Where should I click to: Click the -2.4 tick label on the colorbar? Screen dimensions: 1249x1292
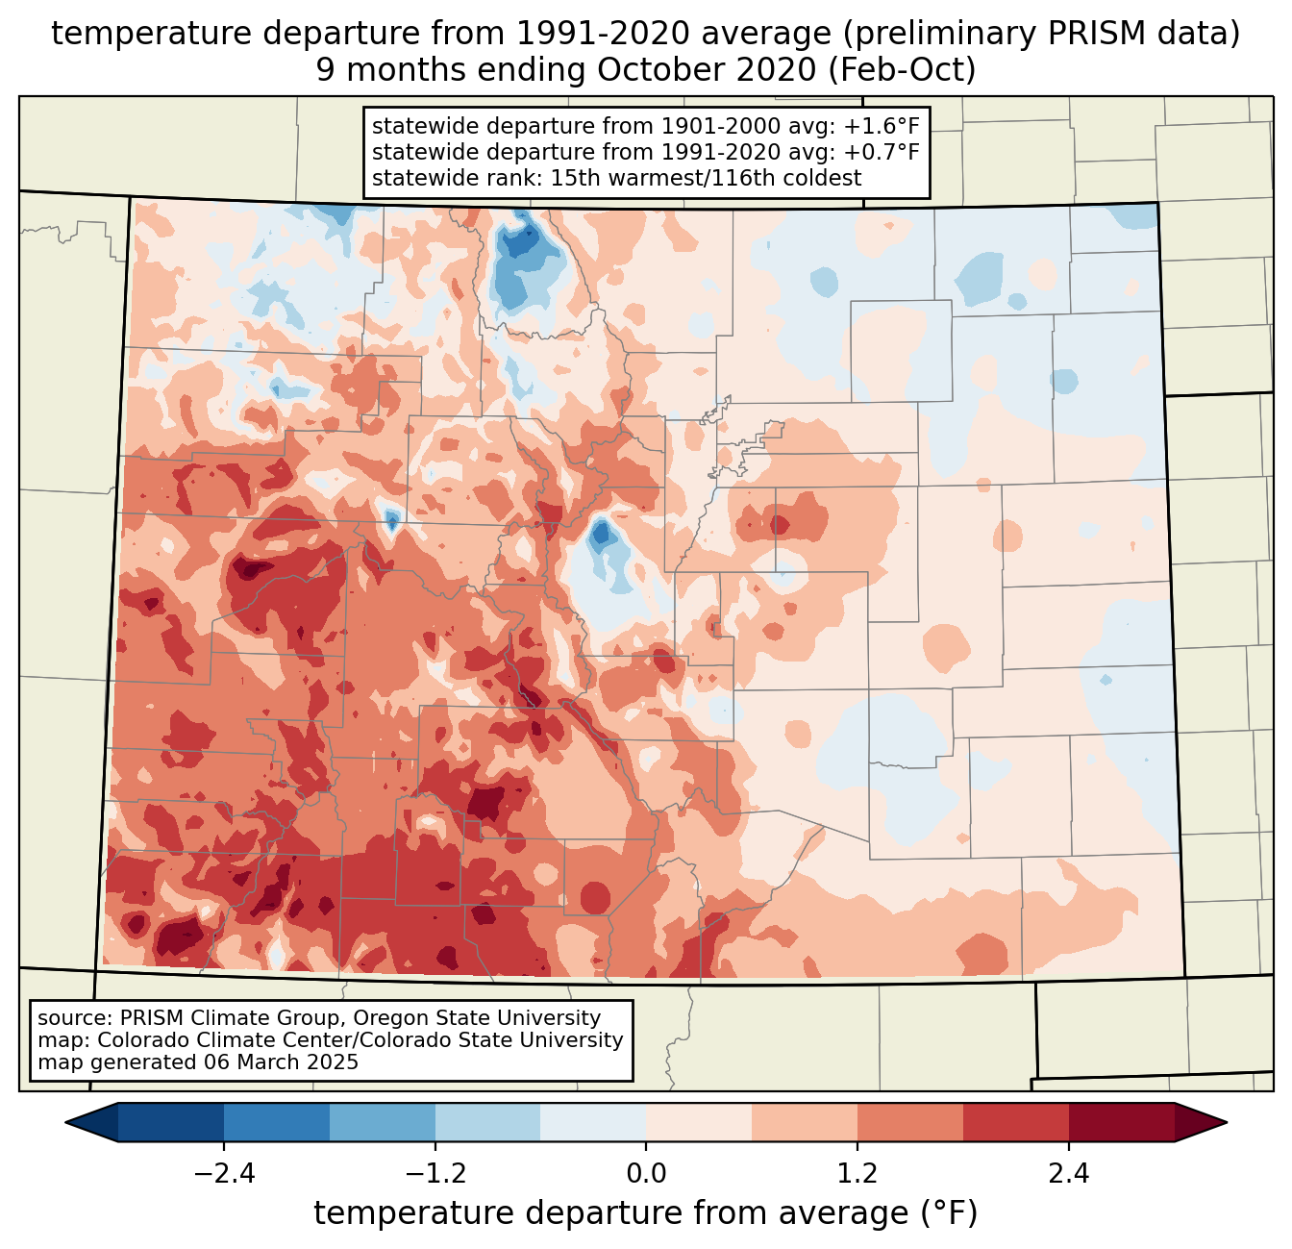click(x=224, y=1174)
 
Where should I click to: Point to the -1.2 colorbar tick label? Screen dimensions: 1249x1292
click(x=435, y=1174)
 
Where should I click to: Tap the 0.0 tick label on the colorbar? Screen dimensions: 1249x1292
click(x=646, y=1174)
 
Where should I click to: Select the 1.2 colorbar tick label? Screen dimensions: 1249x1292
click(x=857, y=1174)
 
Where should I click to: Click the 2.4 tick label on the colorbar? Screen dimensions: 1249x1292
click(x=1068, y=1174)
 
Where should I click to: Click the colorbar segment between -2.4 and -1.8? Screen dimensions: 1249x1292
click(x=277, y=1122)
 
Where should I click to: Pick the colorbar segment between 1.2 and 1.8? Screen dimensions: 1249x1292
click(x=910, y=1122)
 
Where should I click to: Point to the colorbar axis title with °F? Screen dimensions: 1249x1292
click(x=646, y=1213)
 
